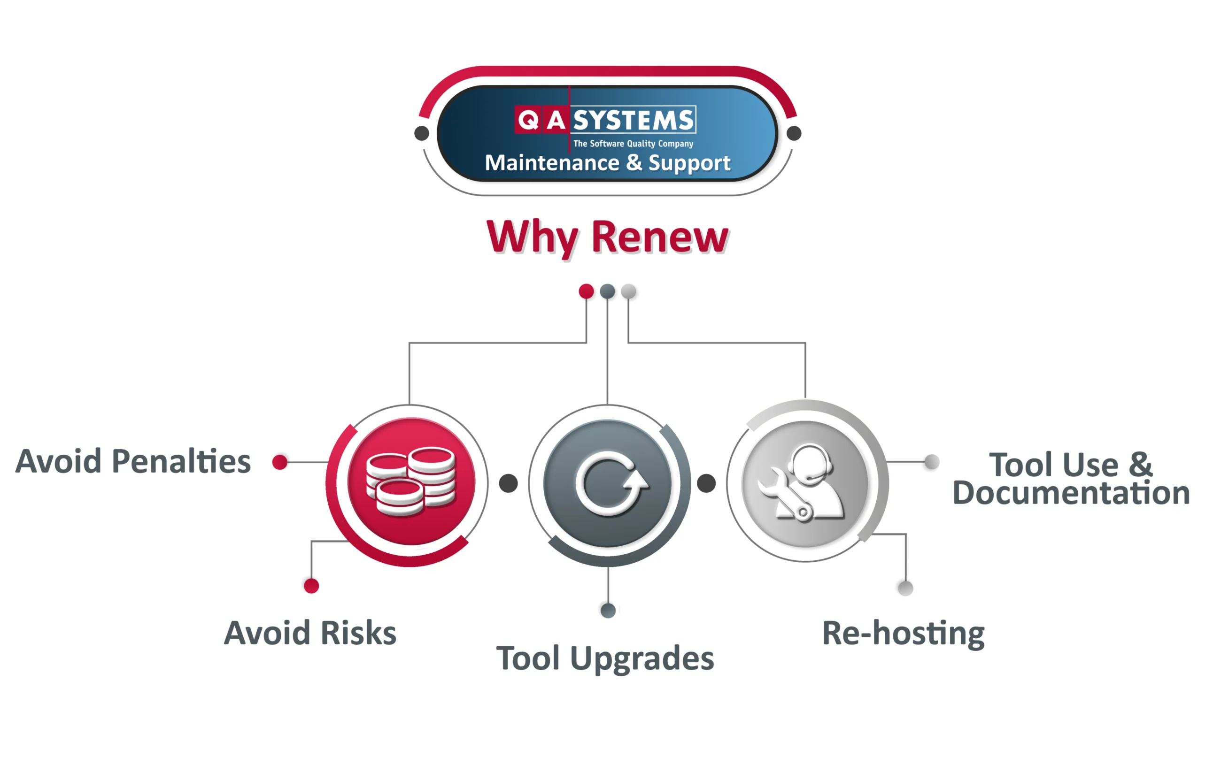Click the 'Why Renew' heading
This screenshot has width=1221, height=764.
607,237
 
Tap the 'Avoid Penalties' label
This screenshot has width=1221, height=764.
133,461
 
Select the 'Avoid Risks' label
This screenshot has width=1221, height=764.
310,633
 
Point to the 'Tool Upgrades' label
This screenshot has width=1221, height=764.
605,659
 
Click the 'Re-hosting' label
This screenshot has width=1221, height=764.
904,633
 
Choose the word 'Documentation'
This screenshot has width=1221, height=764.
1071,493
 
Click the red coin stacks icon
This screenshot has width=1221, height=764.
411,481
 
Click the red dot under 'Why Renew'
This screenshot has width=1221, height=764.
586,291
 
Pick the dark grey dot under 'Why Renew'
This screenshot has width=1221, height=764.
607,291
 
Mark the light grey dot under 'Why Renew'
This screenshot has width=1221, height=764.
628,291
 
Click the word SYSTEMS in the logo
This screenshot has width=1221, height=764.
634,120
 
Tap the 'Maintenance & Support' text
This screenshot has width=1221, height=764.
608,163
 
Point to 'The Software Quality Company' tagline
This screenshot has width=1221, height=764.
633,144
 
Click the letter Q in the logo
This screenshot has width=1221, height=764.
528,120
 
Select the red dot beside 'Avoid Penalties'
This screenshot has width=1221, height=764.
279,461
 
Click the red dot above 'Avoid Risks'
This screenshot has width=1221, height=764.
311,586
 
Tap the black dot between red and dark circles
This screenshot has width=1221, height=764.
508,483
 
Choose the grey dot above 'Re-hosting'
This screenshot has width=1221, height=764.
905,588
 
